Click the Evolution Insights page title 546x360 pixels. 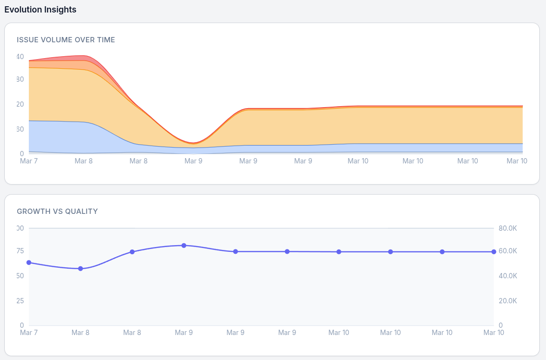[x=40, y=10]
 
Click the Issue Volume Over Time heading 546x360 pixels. [x=66, y=40]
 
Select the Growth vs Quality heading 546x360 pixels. [x=57, y=211]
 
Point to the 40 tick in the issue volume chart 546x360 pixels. [x=20, y=57]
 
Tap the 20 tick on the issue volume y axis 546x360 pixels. [x=20, y=104]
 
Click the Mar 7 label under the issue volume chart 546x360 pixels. [x=29, y=161]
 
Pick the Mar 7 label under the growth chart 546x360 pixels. [x=29, y=333]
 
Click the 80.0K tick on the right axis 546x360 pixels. [x=508, y=228]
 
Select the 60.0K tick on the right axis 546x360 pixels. [x=508, y=251]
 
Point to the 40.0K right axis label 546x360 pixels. [x=508, y=276]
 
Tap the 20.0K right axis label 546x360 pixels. [x=508, y=301]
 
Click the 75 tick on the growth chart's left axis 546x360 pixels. [x=20, y=251]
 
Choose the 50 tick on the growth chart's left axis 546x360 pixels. [x=20, y=276]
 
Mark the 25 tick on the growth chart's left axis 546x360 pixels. [x=20, y=301]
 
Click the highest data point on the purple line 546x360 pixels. [x=184, y=246]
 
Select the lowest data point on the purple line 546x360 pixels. [x=80, y=269]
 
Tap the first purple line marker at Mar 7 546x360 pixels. [x=29, y=262]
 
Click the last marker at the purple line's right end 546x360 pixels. [x=494, y=252]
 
